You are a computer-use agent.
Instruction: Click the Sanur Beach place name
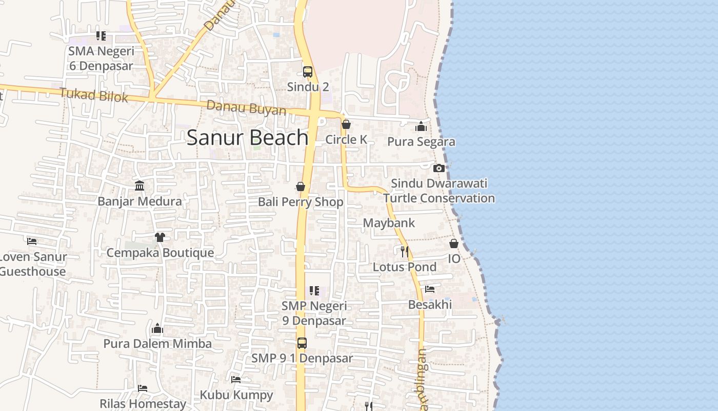(x=247, y=138)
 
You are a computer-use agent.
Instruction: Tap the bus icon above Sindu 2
(x=308, y=72)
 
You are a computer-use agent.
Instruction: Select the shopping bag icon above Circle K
(x=346, y=124)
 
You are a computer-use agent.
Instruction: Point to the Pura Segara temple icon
(x=421, y=126)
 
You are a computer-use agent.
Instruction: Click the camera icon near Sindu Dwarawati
(x=438, y=168)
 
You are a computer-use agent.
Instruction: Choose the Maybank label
(x=389, y=223)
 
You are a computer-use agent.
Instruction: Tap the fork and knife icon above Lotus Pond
(x=405, y=251)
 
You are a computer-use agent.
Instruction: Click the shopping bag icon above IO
(x=454, y=244)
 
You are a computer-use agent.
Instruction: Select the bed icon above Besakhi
(x=430, y=289)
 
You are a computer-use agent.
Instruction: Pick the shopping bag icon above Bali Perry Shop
(x=301, y=186)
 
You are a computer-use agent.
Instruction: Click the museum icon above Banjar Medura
(x=139, y=185)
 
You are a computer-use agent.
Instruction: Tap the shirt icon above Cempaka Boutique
(x=159, y=237)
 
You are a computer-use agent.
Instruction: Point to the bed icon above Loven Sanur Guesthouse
(x=32, y=240)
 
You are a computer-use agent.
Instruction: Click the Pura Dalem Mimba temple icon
(x=157, y=328)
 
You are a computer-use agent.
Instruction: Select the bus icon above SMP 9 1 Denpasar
(x=302, y=343)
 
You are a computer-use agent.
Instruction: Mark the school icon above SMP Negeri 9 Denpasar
(x=314, y=291)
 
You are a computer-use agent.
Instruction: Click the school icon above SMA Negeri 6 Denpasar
(x=101, y=36)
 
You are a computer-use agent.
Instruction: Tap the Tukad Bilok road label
(x=93, y=95)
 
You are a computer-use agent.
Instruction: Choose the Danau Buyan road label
(x=246, y=108)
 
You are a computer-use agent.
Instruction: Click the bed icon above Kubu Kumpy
(x=236, y=380)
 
